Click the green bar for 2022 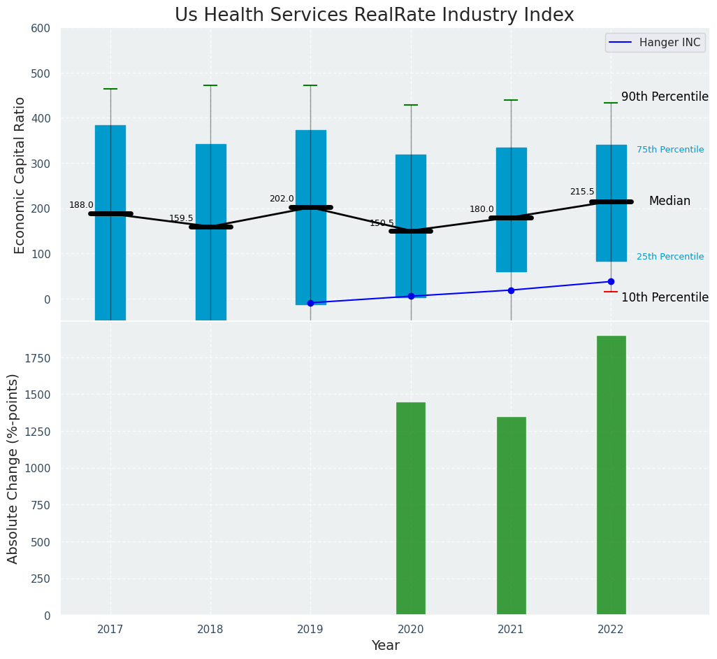611,476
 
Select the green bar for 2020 411,509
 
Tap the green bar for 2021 511,516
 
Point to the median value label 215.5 582,192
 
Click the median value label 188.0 81,205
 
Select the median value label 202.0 282,199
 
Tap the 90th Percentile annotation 665,97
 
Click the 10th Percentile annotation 665,297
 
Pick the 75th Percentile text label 670,150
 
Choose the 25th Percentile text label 670,257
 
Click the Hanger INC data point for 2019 310,303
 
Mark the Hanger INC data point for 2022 611,282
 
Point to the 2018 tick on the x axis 210,630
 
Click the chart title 375,15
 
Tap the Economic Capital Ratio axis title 20,175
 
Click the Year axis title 386,646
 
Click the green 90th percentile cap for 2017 110,89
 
